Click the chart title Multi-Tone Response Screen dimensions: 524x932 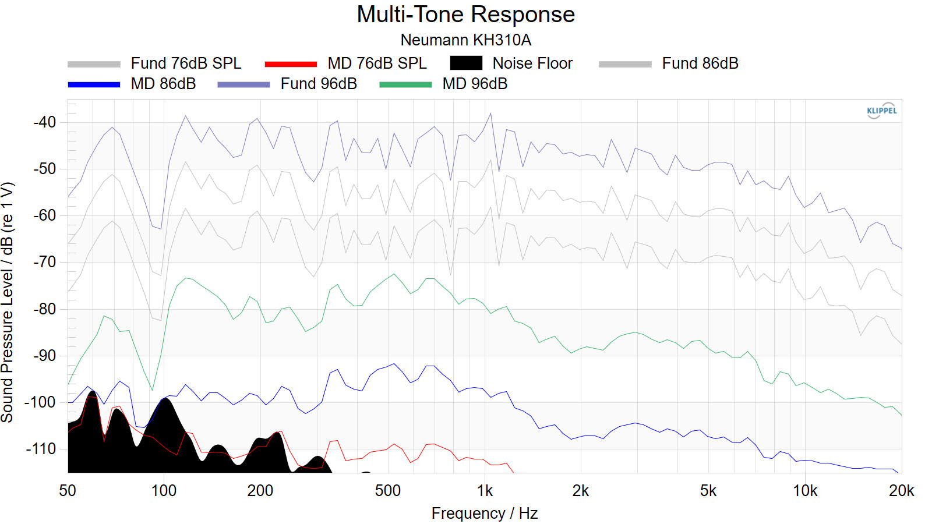click(x=465, y=15)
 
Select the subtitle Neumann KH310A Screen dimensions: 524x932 click(x=465, y=40)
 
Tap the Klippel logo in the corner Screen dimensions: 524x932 click(x=881, y=111)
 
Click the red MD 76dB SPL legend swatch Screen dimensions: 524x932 click(x=291, y=63)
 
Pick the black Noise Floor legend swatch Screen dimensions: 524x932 click(x=466, y=63)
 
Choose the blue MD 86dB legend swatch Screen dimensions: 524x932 click(x=94, y=84)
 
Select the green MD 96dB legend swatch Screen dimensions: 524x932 click(x=405, y=84)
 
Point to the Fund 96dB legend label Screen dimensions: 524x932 click(x=319, y=84)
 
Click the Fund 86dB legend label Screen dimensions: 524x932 click(x=700, y=63)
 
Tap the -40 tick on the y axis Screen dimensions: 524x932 click(x=45, y=122)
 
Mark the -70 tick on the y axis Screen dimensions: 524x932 click(x=45, y=262)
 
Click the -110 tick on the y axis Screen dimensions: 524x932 click(x=41, y=449)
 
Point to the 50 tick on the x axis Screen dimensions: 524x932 click(x=68, y=491)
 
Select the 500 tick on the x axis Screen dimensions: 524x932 click(x=388, y=491)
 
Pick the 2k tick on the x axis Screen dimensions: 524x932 click(x=581, y=491)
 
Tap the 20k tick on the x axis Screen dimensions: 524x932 click(x=901, y=491)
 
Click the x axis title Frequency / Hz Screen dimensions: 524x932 click(x=484, y=513)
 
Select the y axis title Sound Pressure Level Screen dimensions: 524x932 click(x=8, y=303)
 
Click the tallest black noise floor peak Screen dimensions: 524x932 click(x=92, y=394)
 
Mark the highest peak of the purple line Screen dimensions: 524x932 click(x=490, y=114)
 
